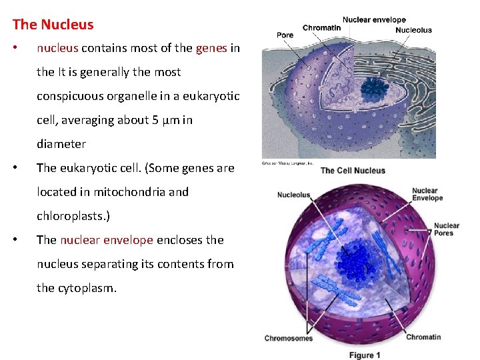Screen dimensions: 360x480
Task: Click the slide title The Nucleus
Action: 53,25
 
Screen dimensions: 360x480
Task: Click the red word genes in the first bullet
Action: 211,48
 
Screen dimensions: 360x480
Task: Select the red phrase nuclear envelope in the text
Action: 107,240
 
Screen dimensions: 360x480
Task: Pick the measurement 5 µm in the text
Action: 166,120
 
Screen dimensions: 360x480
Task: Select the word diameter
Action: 61,144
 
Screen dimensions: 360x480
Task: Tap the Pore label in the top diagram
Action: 285,35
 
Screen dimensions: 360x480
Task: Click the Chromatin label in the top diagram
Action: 321,28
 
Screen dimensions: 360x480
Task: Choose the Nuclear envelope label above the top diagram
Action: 374,20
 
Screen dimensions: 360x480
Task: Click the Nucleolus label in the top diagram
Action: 413,30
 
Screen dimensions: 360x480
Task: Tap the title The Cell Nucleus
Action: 353,171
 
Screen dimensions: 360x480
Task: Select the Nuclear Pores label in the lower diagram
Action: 446,229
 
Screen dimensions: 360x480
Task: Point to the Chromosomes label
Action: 289,338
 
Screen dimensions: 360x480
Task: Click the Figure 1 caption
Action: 365,355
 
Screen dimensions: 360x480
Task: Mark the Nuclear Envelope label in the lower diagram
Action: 427,195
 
